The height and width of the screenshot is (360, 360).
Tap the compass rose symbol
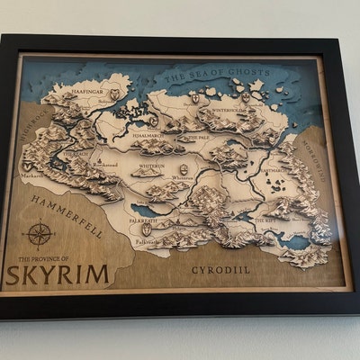pyautogui.click(x=39, y=235)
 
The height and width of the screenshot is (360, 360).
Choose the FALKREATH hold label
pyautogui.click(x=143, y=219)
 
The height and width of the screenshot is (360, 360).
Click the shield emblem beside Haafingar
pyautogui.click(x=114, y=94)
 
